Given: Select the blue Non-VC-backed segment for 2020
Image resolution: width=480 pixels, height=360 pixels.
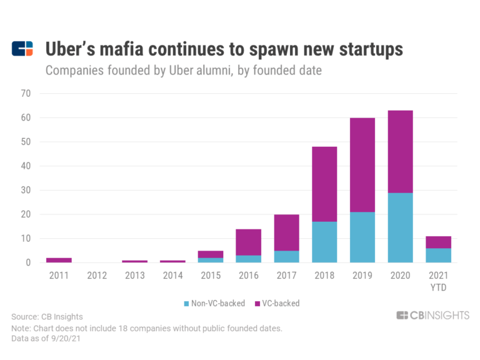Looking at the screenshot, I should coord(400,227).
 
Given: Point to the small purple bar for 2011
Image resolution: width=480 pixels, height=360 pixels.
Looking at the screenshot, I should coord(58,260).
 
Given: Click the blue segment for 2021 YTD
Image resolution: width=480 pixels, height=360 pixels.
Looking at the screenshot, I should coord(438,255).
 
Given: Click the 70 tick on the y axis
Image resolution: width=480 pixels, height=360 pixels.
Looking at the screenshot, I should coord(26,94).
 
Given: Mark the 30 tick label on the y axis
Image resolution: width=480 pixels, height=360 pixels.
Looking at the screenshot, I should coord(26,190).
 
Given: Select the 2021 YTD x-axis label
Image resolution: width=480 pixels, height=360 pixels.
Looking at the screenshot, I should coord(438,281).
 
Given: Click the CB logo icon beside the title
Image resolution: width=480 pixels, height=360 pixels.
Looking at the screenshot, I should coord(22,48).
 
